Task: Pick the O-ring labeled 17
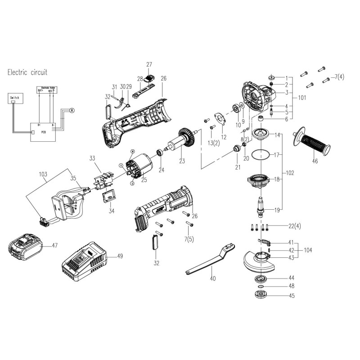click(261, 155)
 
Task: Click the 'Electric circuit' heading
click(27, 72)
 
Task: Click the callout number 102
click(291, 172)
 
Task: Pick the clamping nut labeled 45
click(260, 296)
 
